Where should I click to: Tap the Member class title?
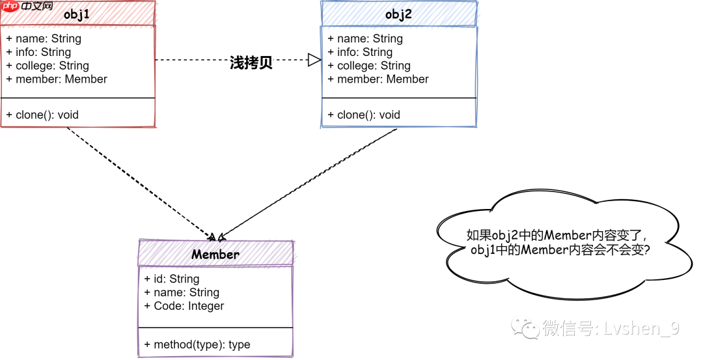pyautogui.click(x=215, y=255)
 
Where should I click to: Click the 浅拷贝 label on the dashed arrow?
pyautogui.click(x=251, y=63)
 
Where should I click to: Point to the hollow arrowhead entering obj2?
pyautogui.click(x=314, y=60)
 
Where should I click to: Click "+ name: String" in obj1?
pyautogui.click(x=44, y=38)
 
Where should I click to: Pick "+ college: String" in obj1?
pyautogui.click(x=48, y=66)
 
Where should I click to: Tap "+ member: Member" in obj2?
pyautogui.click(x=378, y=79)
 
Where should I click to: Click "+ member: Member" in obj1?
pyautogui.click(x=57, y=79)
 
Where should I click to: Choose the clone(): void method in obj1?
pyautogui.click(x=42, y=115)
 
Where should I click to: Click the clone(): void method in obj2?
pyautogui.click(x=364, y=115)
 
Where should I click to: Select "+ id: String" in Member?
pyautogui.click(x=172, y=279)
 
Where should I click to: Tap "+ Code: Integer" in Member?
pyautogui.click(x=184, y=306)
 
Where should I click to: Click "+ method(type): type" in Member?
pyautogui.click(x=197, y=344)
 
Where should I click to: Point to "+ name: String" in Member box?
pyautogui.click(x=182, y=292)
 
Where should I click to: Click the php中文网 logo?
pyautogui.click(x=27, y=7)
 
